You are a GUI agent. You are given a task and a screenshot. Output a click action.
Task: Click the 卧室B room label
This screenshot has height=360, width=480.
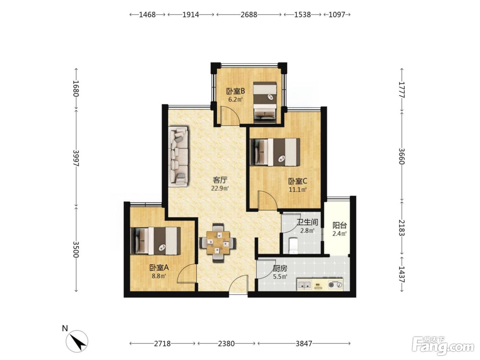235,91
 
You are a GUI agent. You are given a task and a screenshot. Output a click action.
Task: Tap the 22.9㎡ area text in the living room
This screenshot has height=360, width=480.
220,188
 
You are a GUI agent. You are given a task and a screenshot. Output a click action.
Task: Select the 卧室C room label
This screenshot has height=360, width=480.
298,181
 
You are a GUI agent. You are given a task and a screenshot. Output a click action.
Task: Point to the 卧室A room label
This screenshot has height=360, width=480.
159,267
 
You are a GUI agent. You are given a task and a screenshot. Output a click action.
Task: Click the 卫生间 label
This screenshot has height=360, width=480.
307,222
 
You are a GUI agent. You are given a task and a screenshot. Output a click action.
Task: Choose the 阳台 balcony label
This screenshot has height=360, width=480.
340,225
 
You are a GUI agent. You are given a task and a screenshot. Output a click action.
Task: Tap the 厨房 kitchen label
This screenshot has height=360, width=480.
280,268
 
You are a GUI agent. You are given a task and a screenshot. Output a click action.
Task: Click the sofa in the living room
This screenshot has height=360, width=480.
178,157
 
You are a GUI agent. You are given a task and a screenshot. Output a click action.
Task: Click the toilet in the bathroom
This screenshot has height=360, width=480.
293,246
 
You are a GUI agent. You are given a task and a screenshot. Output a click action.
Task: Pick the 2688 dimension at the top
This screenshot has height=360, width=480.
249,15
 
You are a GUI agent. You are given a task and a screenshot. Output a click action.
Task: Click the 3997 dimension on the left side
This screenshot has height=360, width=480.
76,158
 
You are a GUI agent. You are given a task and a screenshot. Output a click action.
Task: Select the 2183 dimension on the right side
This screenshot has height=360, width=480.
401,228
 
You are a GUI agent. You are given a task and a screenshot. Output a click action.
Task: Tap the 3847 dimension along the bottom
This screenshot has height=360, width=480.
304,344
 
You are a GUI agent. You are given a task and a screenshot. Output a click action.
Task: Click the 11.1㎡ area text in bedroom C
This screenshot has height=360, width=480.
298,190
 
